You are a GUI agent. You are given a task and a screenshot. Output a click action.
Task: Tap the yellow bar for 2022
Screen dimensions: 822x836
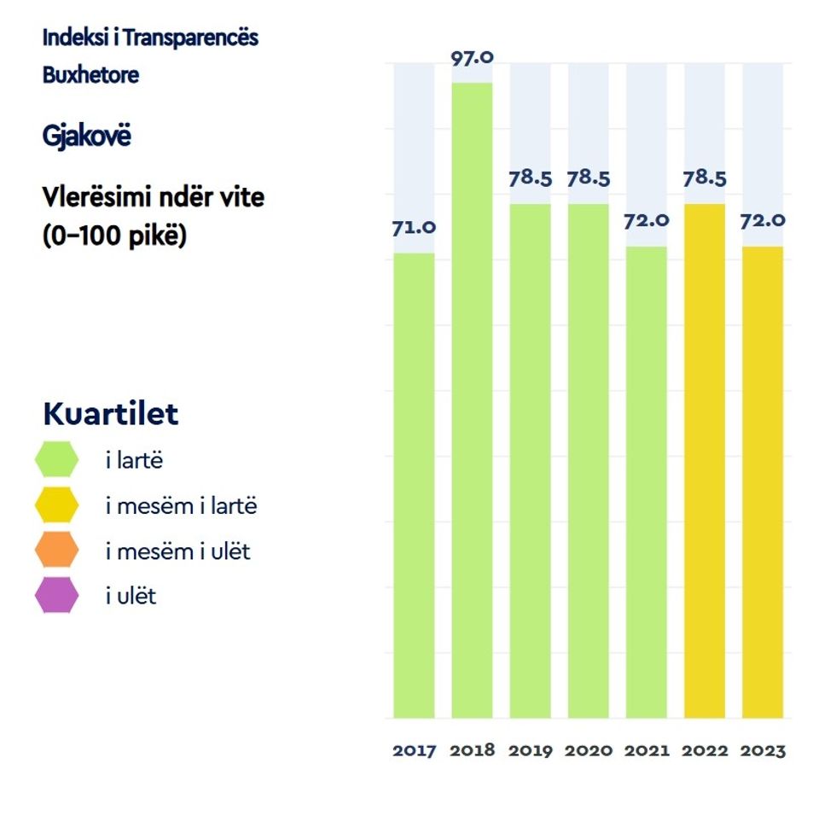[705, 460]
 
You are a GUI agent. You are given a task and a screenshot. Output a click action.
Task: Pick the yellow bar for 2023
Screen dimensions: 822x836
[763, 481]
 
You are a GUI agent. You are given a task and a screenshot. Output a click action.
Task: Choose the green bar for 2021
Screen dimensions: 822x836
[646, 481]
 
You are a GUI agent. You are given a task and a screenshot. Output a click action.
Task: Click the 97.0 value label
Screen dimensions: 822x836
[472, 59]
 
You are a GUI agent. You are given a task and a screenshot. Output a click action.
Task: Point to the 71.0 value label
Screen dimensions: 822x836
[414, 228]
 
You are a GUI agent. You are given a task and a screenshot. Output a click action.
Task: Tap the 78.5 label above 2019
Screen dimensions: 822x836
[531, 179]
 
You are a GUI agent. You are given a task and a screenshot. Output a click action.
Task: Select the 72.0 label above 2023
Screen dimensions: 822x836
[763, 220]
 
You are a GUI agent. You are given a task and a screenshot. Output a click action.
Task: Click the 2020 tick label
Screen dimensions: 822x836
[589, 751]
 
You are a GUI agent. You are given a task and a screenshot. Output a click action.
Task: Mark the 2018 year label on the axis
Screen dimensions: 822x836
[472, 751]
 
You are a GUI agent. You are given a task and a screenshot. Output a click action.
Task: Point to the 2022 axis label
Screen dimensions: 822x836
[705, 751]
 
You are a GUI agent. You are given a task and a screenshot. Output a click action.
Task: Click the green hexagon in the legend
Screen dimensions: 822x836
[57, 461]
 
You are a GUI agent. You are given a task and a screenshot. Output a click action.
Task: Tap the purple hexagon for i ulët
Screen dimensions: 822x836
[57, 596]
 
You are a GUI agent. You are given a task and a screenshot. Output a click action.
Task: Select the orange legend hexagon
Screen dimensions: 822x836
[57, 551]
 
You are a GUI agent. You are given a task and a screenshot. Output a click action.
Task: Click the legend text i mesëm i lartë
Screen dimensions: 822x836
[181, 506]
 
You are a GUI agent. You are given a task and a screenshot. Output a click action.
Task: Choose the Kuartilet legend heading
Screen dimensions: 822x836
[111, 414]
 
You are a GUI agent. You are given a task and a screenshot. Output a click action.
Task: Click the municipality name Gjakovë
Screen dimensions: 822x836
[87, 136]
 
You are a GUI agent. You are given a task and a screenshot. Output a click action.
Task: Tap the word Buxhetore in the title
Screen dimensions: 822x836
[90, 74]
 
